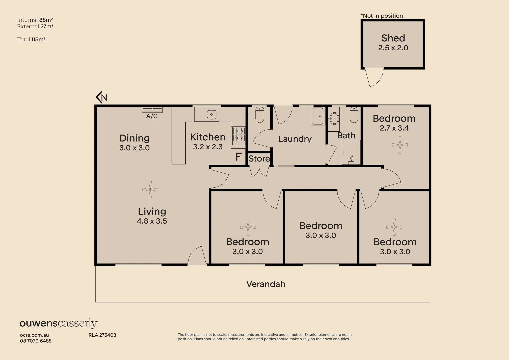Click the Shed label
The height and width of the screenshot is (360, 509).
click(393, 38)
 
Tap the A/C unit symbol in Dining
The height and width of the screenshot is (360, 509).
click(152, 110)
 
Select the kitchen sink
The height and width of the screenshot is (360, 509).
click(211, 115)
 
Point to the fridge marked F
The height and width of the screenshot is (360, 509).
click(238, 157)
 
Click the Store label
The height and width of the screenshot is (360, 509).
click(259, 159)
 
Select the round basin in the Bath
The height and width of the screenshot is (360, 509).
click(334, 119)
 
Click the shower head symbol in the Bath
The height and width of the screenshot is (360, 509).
click(351, 158)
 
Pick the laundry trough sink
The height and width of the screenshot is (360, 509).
click(317, 116)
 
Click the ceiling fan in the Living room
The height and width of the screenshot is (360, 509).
click(150, 190)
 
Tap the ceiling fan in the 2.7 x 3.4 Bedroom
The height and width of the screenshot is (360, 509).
click(400, 145)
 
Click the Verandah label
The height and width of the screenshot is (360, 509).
click(266, 284)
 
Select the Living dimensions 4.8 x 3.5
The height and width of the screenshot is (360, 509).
click(152, 221)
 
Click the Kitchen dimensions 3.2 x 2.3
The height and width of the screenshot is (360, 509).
click(208, 147)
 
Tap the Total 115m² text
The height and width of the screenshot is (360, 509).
click(31, 39)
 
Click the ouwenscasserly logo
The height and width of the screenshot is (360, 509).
click(58, 323)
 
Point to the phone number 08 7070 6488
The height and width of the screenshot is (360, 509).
click(36, 341)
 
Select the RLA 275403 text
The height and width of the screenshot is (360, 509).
click(102, 335)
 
